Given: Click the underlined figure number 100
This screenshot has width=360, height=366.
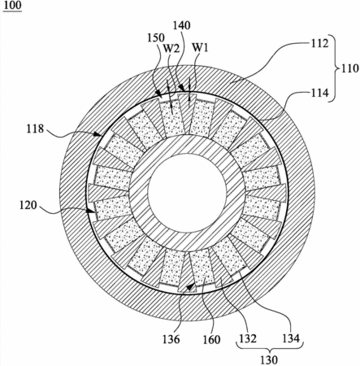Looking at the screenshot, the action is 12,6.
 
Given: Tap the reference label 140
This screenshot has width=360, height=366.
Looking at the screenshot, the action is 182,25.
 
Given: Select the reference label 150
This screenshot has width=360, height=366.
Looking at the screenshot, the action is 156,37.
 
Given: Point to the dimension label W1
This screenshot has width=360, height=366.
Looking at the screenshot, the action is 200,47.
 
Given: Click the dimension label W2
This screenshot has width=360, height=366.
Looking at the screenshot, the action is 171,48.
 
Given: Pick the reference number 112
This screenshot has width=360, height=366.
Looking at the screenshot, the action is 319,43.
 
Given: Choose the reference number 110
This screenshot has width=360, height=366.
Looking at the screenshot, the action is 349,68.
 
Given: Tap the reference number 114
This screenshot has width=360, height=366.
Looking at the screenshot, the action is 319,93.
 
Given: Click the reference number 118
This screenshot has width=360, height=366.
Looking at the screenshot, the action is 35,129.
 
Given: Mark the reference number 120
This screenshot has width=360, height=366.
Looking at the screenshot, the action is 28,205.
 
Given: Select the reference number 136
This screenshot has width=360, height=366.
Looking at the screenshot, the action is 171,339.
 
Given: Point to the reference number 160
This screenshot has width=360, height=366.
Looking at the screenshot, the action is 211,339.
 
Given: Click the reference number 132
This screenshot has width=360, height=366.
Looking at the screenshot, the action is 248,338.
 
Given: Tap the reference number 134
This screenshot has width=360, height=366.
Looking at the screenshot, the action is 291,338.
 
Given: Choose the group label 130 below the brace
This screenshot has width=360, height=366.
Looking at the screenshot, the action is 269,359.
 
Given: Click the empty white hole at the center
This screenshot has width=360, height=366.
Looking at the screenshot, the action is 187,193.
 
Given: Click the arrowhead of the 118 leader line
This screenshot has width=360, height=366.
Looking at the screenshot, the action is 99,133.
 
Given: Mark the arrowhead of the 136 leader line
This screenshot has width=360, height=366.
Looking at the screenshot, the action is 191,287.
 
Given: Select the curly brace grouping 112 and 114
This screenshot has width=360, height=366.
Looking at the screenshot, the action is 336,68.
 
